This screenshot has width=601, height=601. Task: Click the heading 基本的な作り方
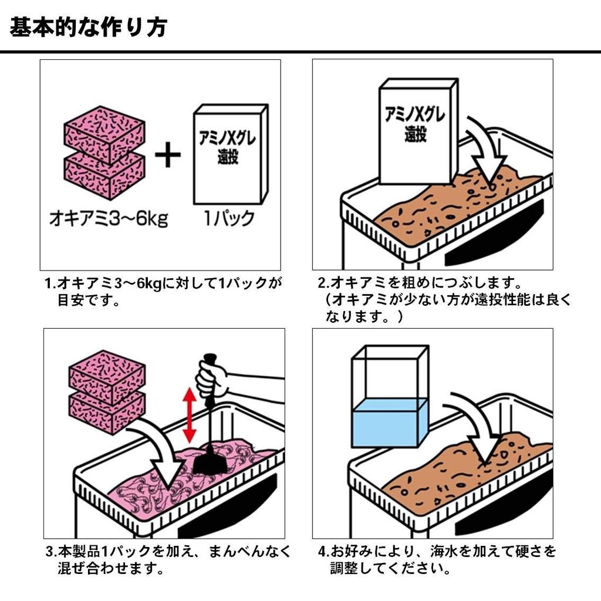point(88,26)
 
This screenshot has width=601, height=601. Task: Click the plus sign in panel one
point(168,157)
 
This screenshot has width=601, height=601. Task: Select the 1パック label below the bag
point(229,218)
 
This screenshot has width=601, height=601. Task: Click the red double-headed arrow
point(189,416)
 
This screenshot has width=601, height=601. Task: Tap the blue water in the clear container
point(389,422)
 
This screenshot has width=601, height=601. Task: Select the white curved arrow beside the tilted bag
point(487,153)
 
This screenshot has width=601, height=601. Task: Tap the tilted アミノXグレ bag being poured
point(417,132)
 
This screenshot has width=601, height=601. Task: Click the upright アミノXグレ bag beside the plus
point(230,154)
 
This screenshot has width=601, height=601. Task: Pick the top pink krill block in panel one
point(104,132)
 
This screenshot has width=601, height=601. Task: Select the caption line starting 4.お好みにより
point(437,552)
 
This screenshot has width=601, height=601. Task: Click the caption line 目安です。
point(88,302)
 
